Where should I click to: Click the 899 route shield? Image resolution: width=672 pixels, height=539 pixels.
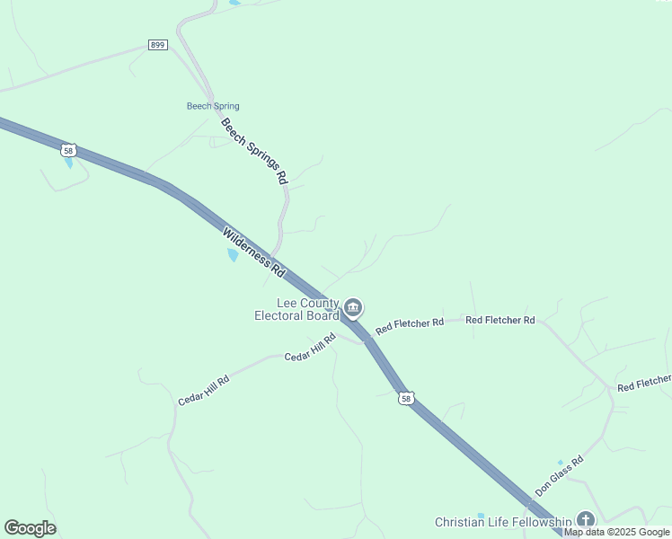click(x=158, y=45)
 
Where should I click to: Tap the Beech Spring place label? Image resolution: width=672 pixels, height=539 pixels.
click(x=213, y=106)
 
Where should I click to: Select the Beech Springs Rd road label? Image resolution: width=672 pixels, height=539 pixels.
click(x=254, y=152)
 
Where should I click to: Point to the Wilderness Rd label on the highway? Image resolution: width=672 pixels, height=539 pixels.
click(x=253, y=251)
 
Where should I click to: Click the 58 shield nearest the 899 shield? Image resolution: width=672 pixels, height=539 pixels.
click(x=68, y=149)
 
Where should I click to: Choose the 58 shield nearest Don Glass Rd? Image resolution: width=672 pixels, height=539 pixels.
click(x=407, y=398)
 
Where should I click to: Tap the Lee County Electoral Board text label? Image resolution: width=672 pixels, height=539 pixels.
click(x=296, y=309)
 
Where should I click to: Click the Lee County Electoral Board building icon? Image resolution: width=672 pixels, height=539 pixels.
click(x=353, y=309)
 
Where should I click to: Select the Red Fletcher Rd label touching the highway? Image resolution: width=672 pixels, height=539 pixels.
click(x=410, y=326)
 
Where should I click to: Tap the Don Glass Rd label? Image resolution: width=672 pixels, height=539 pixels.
click(x=559, y=476)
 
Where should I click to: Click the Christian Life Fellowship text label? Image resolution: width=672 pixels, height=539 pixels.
click(x=503, y=522)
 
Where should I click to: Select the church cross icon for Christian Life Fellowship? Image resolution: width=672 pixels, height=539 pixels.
click(x=586, y=519)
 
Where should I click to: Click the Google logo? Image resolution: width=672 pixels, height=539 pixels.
click(x=30, y=528)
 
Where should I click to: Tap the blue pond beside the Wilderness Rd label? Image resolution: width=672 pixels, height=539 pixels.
click(x=234, y=255)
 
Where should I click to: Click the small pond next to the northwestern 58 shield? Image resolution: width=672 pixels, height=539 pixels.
click(x=68, y=163)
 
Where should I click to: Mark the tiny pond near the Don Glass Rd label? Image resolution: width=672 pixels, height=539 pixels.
click(x=560, y=462)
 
